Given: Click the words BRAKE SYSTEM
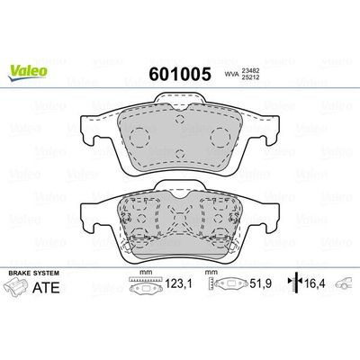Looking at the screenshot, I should pos(31,271).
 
